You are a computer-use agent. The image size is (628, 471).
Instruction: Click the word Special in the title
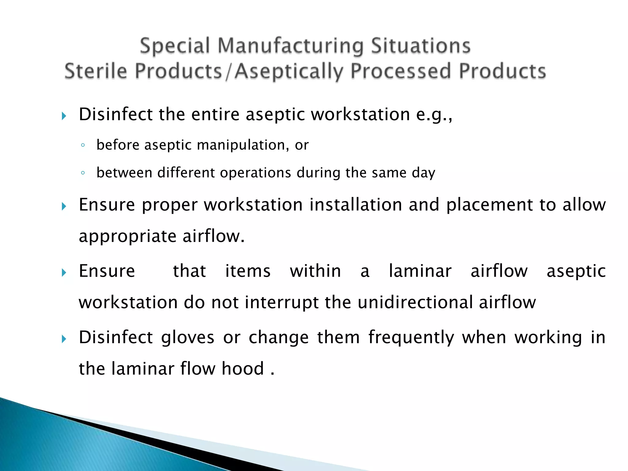click(175, 46)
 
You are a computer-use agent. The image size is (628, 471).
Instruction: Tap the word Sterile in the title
click(96, 71)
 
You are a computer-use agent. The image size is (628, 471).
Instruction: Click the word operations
click(255, 173)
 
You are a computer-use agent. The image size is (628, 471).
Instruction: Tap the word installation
click(356, 205)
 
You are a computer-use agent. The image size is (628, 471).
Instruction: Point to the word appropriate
click(128, 237)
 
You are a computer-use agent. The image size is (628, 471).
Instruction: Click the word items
click(248, 271)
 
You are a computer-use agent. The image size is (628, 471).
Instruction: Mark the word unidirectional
click(415, 302)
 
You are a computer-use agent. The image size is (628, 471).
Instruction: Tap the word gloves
click(188, 338)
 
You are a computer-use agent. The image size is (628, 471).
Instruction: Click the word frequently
click(411, 338)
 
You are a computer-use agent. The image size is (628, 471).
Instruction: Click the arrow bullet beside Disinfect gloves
click(64, 339)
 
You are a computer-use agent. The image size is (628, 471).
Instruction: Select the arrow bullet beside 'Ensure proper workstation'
click(64, 206)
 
